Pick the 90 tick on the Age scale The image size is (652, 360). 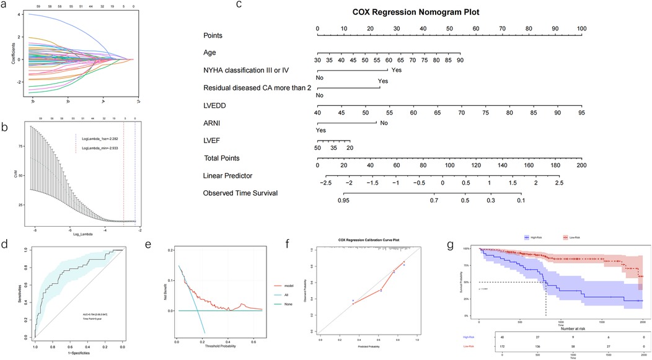(x=460, y=61)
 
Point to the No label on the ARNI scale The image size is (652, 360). (x=384, y=123)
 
